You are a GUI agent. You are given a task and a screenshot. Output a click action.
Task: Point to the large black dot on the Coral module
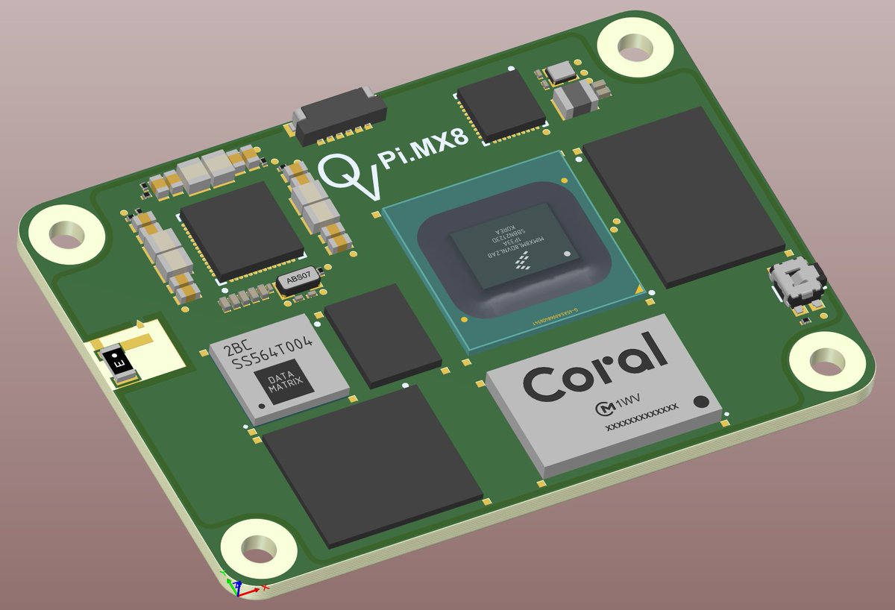point(702,403)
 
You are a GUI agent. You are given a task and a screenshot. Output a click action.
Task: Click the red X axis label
point(266,588)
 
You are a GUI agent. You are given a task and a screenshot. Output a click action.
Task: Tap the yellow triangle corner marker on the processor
point(638,288)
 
